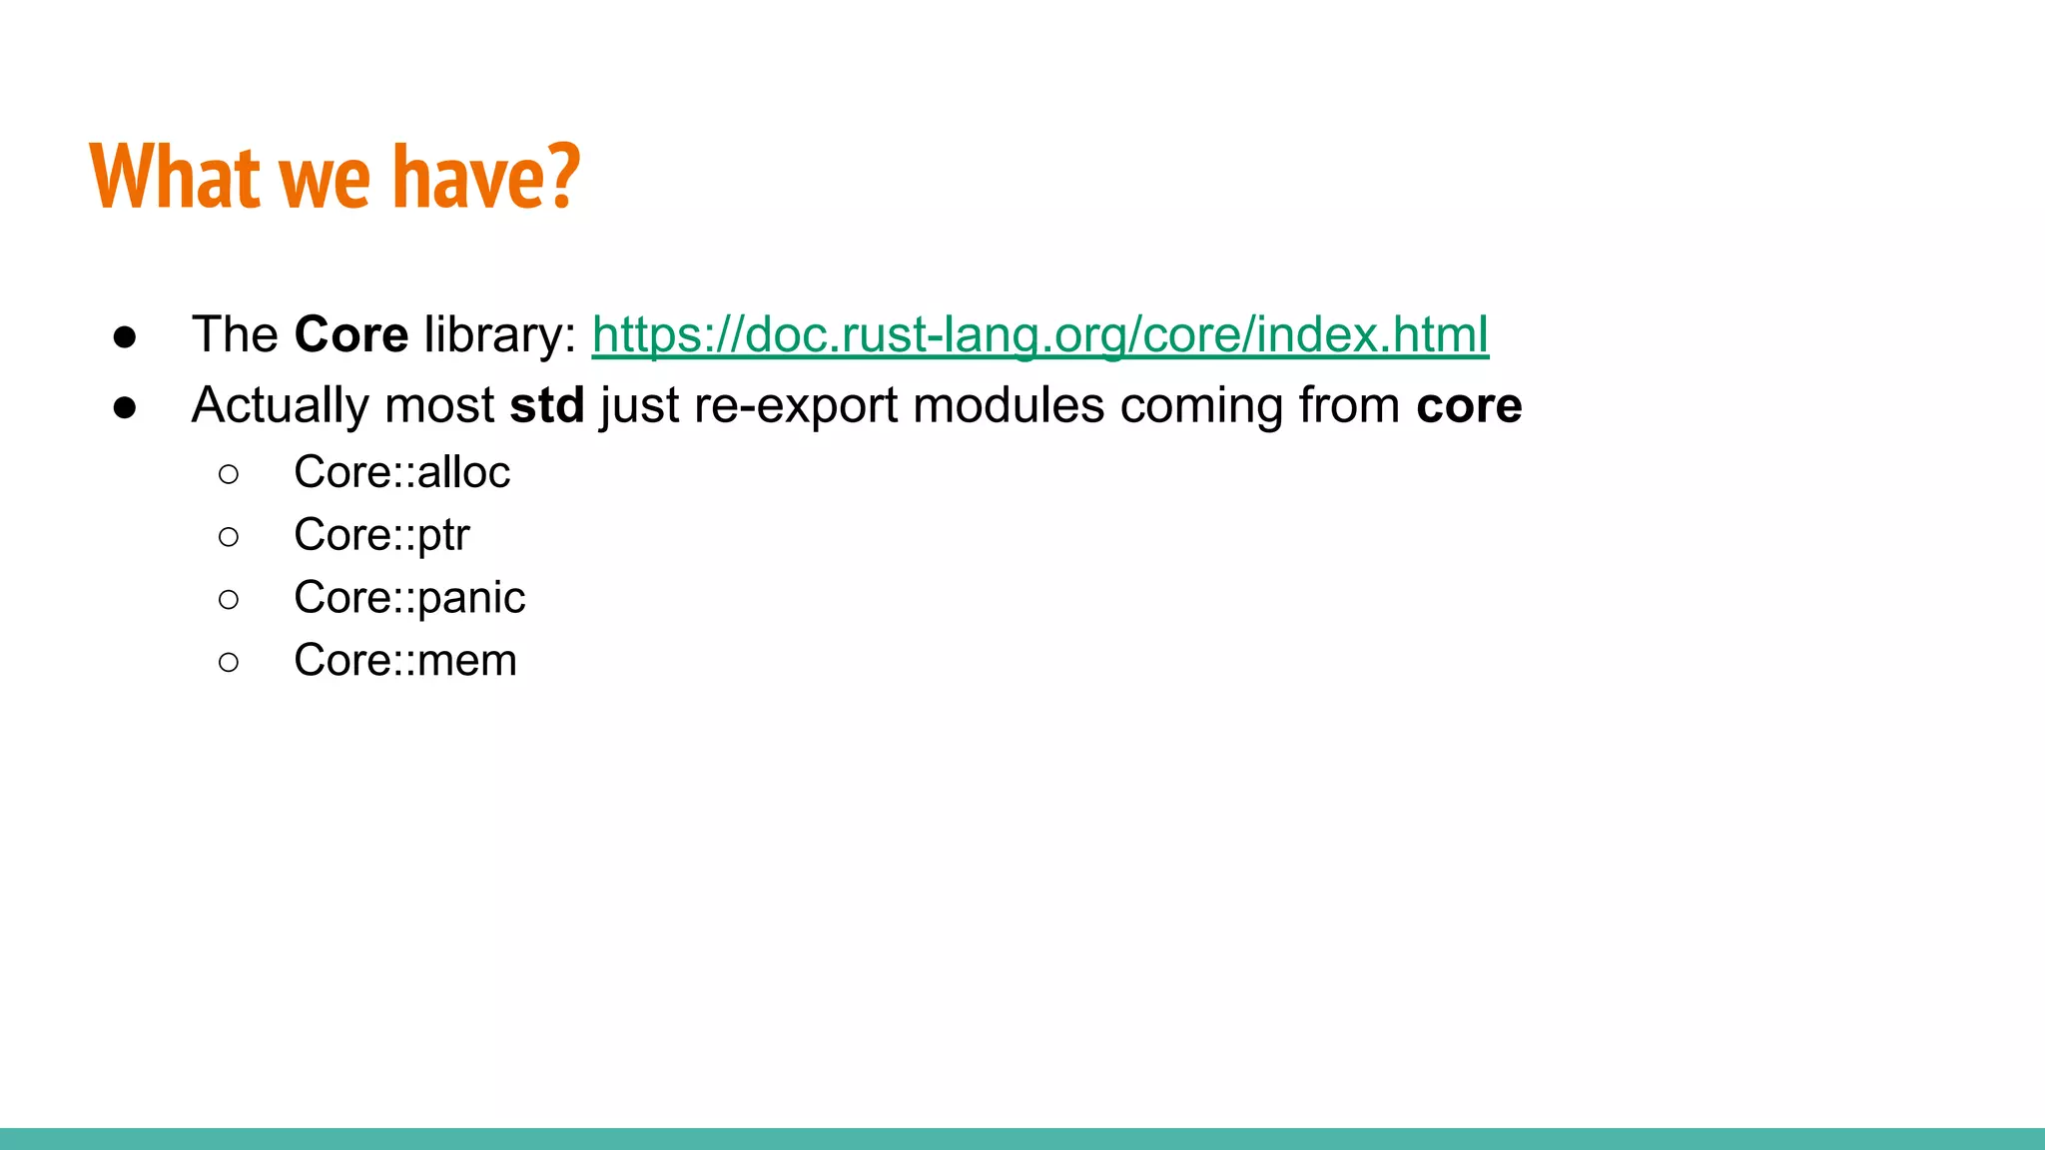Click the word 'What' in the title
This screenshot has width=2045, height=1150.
[175, 177]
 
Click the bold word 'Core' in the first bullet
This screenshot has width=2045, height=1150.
[350, 334]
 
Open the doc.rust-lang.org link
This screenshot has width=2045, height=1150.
[1039, 334]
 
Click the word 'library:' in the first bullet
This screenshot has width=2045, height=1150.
[499, 334]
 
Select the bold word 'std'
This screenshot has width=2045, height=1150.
[546, 405]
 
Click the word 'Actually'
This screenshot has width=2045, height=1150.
[280, 405]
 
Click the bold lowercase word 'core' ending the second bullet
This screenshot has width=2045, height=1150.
[1468, 405]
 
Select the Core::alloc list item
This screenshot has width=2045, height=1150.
[401, 472]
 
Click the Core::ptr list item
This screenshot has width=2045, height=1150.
[380, 535]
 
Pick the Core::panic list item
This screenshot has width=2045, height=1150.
[408, 598]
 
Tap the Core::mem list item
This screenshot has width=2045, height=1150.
[404, 661]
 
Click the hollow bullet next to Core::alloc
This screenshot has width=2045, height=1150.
[229, 474]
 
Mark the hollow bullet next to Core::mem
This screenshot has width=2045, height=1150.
[229, 662]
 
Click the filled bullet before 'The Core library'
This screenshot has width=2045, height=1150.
[125, 336]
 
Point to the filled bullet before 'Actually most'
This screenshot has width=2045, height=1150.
[125, 407]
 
